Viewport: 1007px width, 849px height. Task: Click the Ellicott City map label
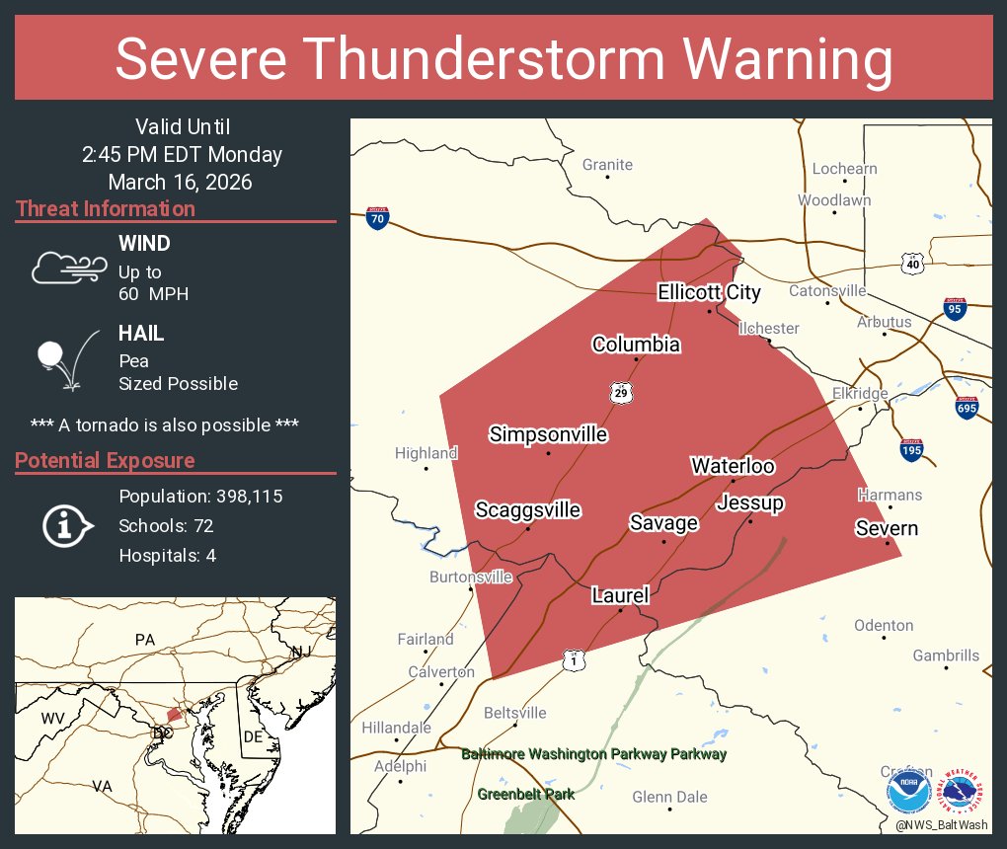709,292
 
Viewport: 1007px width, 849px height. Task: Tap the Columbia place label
636,345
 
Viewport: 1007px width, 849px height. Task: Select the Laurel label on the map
620,595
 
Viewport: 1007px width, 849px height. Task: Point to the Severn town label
887,528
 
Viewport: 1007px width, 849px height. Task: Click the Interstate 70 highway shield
376,218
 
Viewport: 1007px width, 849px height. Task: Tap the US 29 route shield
620,393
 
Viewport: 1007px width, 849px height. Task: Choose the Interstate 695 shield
968,406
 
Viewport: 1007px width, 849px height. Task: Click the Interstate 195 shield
911,450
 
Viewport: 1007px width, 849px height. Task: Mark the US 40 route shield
911,264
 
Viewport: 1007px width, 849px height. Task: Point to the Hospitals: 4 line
168,555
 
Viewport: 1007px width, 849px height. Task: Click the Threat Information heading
106,209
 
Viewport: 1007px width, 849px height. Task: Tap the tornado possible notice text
165,424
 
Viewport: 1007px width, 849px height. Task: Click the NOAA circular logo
908,791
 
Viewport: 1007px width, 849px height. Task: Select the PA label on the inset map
145,640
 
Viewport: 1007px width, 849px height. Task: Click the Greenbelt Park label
525,794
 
